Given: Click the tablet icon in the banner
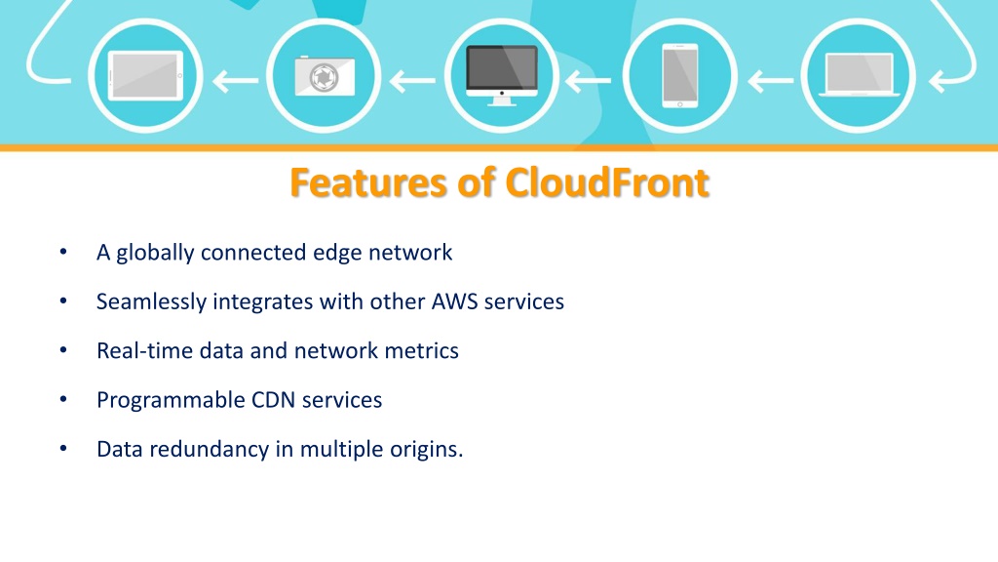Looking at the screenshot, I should [144, 75].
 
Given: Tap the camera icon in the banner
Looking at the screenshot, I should [324, 75].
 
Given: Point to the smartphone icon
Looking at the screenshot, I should [680, 75].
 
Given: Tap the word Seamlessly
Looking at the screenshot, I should [151, 301].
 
